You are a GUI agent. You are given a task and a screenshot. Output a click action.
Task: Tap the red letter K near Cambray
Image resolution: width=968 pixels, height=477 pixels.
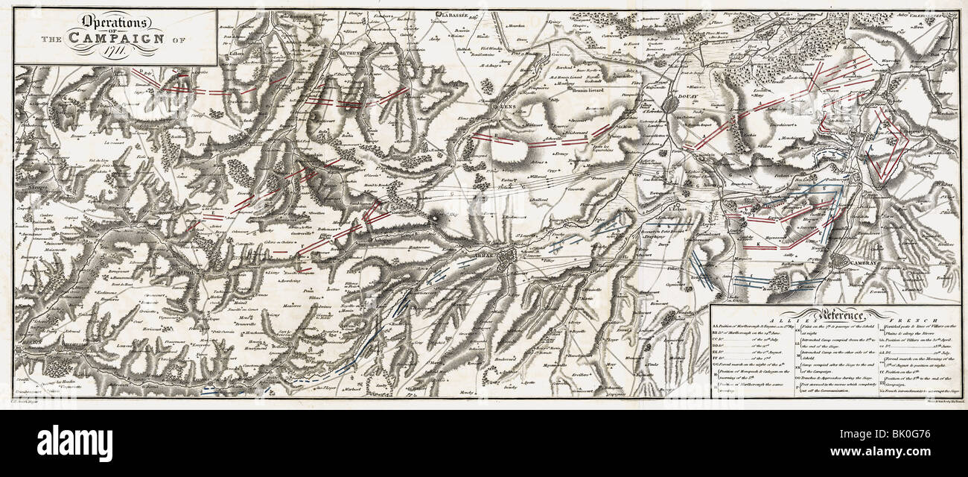pyautogui.click(x=759, y=244)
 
